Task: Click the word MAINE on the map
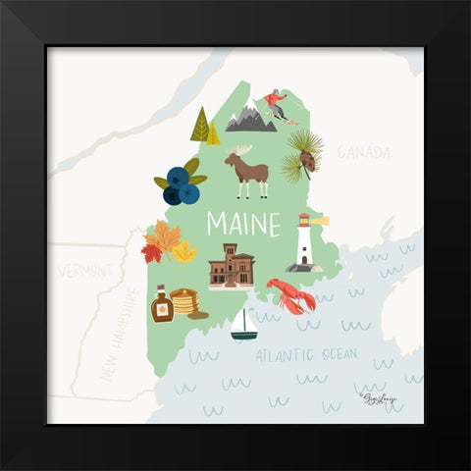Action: [243, 225]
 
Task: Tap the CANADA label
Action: [363, 152]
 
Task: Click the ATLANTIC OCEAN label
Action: [306, 355]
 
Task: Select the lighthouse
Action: [304, 243]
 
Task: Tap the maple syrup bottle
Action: [161, 305]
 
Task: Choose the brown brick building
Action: [232, 266]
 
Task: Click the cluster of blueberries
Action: [179, 184]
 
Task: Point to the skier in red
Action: [275, 103]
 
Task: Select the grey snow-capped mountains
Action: [250, 120]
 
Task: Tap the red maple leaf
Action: [151, 252]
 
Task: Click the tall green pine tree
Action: [200, 125]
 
